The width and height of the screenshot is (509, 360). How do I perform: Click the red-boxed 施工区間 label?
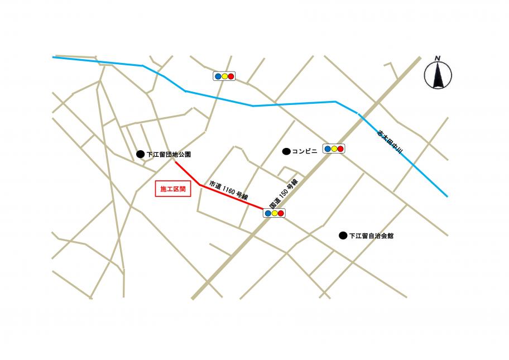tap(172, 189)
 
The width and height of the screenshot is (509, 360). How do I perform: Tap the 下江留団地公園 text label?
tap(169, 154)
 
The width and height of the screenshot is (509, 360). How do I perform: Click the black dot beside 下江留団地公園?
tap(140, 154)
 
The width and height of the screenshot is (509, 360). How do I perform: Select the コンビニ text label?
tap(304, 151)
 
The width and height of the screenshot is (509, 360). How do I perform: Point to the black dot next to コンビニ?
tap(286, 151)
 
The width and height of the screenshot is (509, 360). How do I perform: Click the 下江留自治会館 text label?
tap(371, 236)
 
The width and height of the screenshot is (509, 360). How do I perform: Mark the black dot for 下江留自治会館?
tap(343, 236)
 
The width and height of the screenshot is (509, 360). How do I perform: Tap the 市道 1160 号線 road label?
tap(228, 190)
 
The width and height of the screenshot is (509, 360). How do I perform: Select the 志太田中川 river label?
tap(390, 143)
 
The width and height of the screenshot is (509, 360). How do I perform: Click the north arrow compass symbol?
tap(438, 75)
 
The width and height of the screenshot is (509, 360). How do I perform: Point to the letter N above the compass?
tap(438, 59)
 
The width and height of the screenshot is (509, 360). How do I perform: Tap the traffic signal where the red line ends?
tap(274, 213)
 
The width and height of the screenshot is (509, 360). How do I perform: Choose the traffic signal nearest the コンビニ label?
tap(334, 149)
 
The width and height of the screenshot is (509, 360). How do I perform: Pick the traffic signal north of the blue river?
tap(224, 76)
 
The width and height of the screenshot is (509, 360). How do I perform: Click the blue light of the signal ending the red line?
tap(268, 213)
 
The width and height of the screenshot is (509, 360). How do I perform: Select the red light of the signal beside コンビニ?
tap(340, 149)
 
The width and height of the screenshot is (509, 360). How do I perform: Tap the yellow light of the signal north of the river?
tap(224, 76)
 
